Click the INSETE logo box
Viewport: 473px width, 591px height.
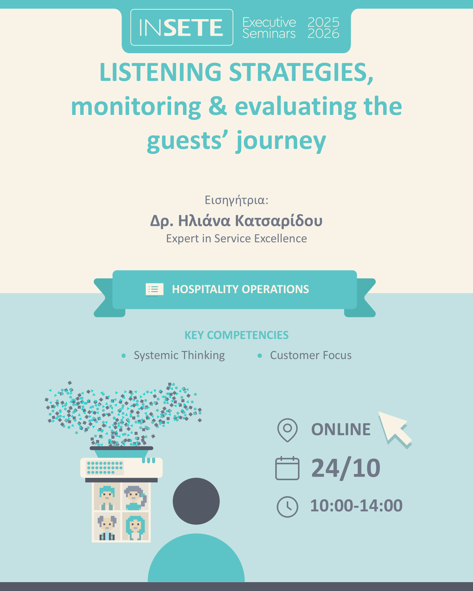point(182,27)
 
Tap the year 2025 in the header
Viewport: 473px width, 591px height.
point(323,22)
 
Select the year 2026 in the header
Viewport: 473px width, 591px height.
point(323,34)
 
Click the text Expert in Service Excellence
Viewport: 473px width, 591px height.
point(237,238)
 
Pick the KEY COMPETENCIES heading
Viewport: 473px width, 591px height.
point(237,335)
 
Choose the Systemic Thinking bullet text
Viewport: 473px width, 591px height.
point(179,355)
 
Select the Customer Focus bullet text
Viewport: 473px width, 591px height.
point(311,355)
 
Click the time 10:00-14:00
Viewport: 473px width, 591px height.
point(356,506)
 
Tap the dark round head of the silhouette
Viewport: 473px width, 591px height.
point(196,501)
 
